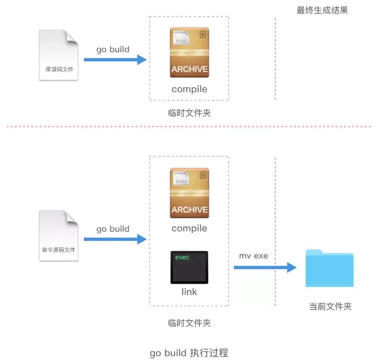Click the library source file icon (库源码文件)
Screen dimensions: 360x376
59,55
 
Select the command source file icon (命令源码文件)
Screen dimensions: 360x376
59,235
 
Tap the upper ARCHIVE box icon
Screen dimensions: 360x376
189,52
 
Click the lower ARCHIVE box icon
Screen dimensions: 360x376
189,193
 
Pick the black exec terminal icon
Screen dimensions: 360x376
189,267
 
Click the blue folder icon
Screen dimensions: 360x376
330,268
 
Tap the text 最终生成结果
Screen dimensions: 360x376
322,10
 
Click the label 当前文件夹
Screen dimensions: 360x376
330,306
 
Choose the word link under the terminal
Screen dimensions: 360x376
189,291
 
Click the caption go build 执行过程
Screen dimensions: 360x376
189,353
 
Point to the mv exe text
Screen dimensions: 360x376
254,256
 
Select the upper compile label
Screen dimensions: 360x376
189,89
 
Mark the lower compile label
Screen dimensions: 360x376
189,228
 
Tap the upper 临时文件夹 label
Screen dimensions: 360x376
189,113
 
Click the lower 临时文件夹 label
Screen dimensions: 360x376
189,323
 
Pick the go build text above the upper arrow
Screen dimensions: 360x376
113,49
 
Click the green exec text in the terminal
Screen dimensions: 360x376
182,257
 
